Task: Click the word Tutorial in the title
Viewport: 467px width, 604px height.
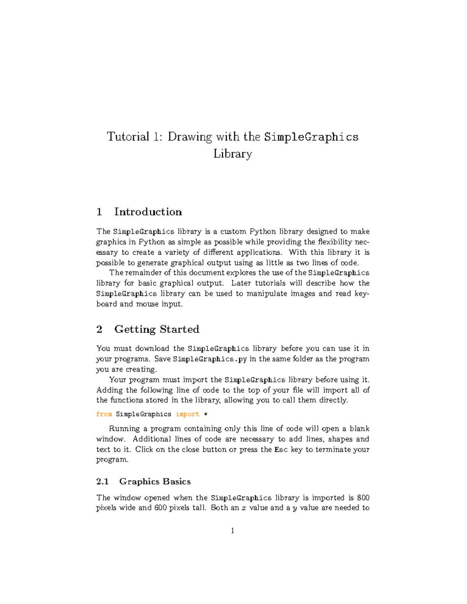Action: (x=128, y=137)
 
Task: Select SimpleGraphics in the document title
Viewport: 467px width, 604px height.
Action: (x=311, y=137)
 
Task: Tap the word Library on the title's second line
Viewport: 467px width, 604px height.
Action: (x=233, y=154)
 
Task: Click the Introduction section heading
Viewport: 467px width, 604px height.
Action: (x=148, y=212)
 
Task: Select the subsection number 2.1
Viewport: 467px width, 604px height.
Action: (x=102, y=481)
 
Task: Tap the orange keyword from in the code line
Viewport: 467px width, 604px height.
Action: (x=104, y=414)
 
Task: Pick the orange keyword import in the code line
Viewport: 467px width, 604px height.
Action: (x=187, y=414)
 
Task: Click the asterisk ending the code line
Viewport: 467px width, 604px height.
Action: (x=206, y=414)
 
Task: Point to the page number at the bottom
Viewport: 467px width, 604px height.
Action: (x=233, y=531)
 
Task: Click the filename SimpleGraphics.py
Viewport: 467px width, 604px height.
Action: (x=210, y=359)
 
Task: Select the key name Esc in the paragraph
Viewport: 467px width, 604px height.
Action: (x=281, y=450)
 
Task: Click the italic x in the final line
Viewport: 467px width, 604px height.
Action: (x=244, y=508)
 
